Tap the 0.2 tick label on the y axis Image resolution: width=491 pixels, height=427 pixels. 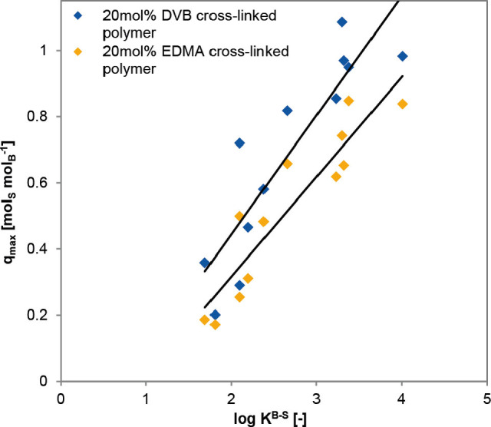tap(43, 315)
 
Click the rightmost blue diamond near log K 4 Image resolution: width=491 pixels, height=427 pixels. tap(403, 56)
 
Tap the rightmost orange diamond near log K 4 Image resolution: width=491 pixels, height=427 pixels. tap(403, 104)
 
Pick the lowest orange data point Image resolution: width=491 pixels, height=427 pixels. tap(216, 325)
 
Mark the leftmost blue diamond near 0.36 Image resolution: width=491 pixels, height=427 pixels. tap(205, 263)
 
